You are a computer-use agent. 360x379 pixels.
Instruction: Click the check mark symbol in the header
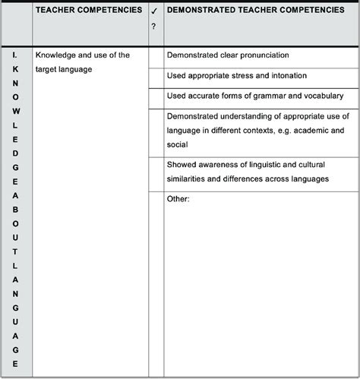(153, 12)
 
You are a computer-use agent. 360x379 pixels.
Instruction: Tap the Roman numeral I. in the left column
(15, 55)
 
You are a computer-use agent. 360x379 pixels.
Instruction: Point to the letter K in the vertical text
(15, 69)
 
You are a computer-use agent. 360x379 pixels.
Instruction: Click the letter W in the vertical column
(15, 110)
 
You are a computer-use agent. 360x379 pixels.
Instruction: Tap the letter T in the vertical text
(15, 250)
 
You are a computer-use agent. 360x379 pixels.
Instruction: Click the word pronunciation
(258, 55)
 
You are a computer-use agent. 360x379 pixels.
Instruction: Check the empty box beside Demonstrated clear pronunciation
(156, 56)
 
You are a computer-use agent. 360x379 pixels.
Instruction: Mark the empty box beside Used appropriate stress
(156, 77)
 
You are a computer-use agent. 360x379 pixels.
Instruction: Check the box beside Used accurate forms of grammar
(156, 97)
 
